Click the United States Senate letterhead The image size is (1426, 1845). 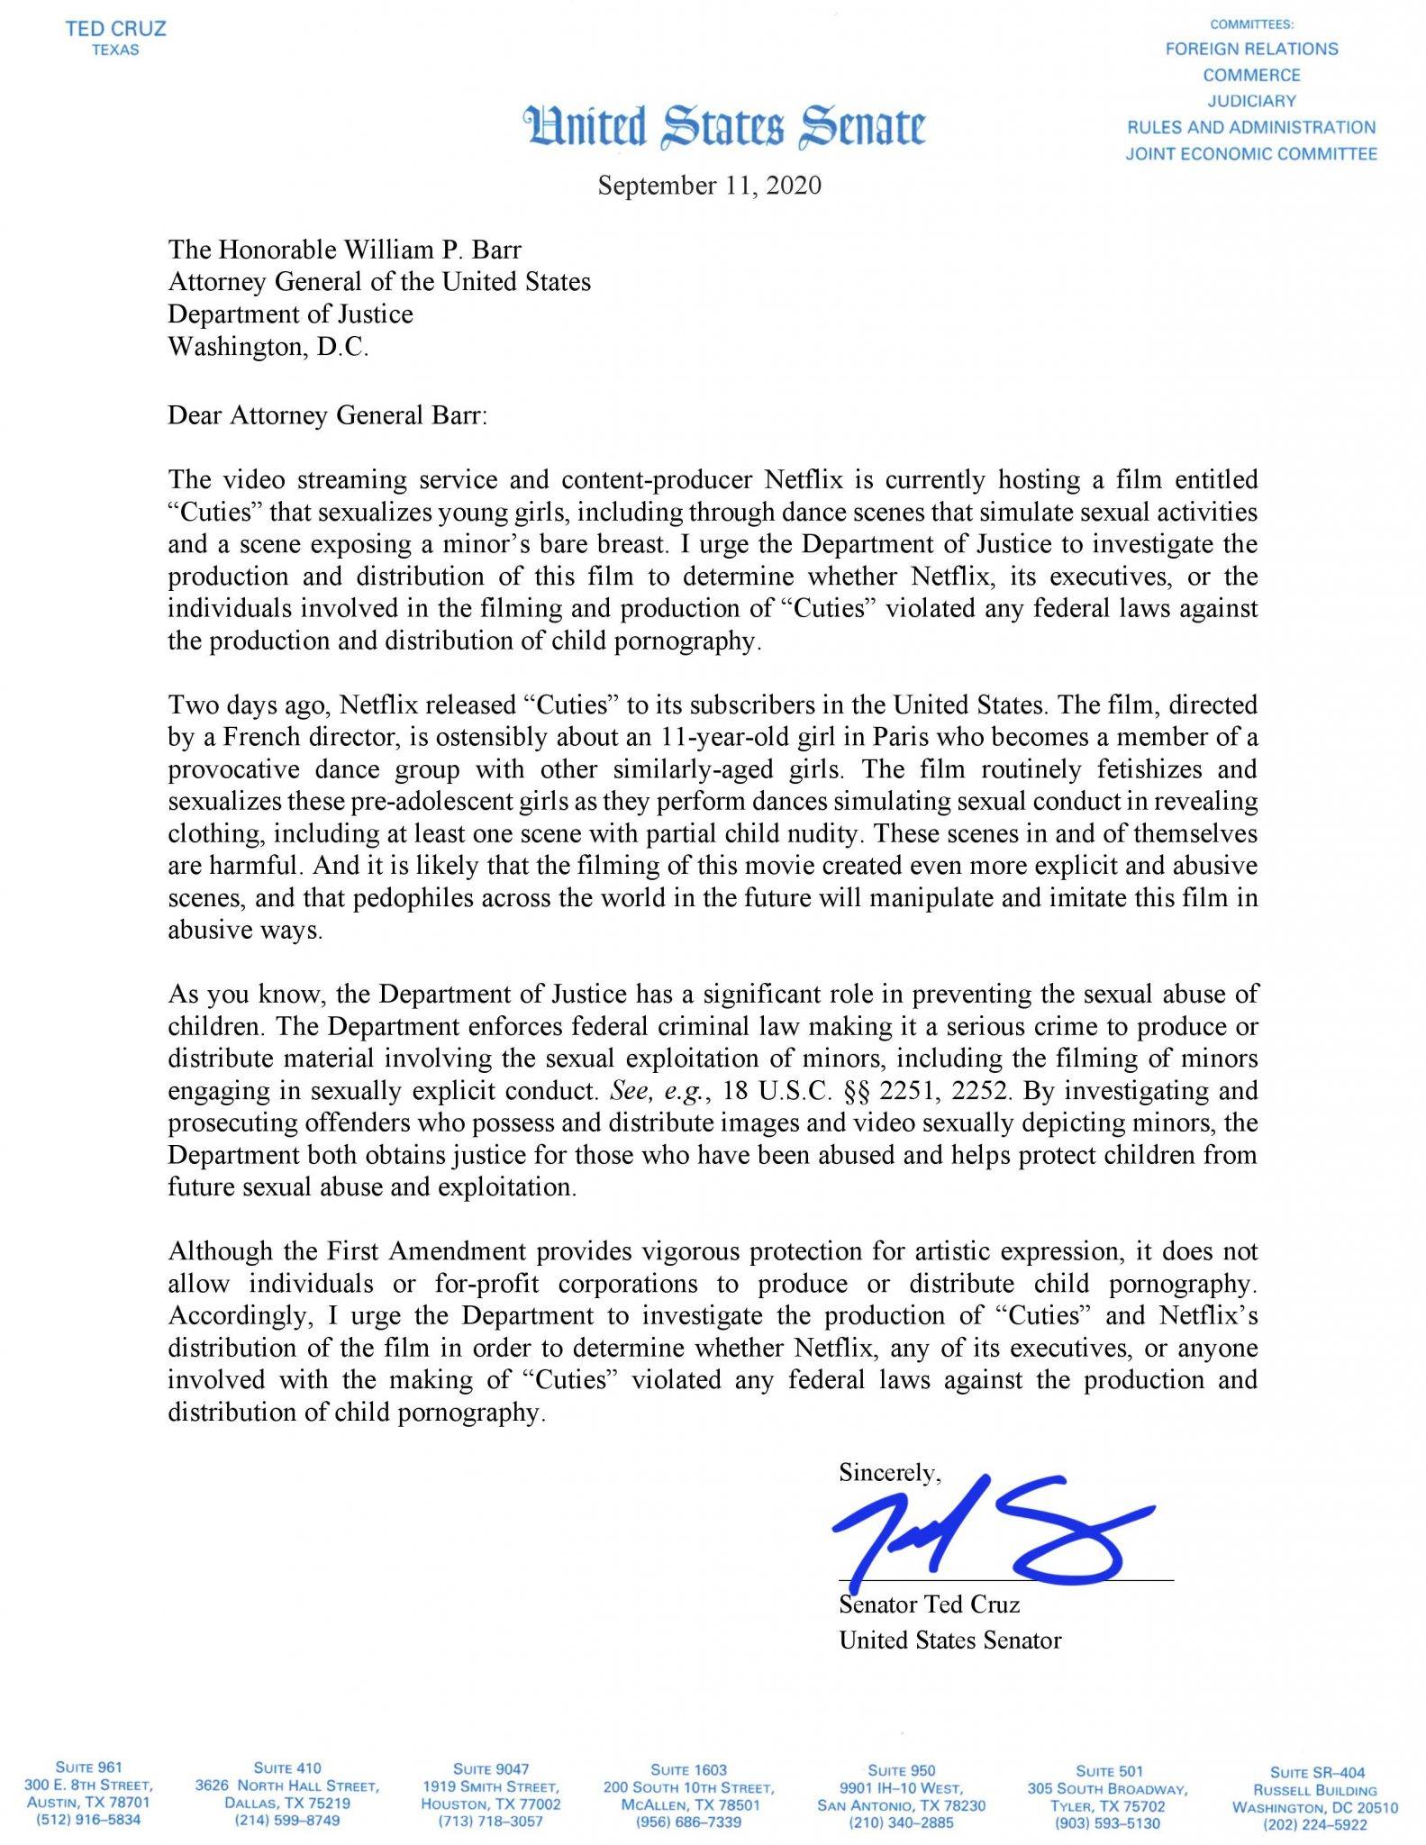pyautogui.click(x=724, y=126)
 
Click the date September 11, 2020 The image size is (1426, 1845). pyautogui.click(x=710, y=186)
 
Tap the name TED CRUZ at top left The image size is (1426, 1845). pyautogui.click(x=115, y=29)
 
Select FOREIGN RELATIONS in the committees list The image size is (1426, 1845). pyautogui.click(x=1251, y=49)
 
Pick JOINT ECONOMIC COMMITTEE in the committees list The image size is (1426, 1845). pyautogui.click(x=1251, y=154)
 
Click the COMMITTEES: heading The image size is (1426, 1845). pyautogui.click(x=1251, y=24)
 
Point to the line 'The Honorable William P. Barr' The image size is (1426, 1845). pyautogui.click(x=345, y=249)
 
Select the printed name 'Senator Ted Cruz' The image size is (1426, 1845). pyautogui.click(x=930, y=1604)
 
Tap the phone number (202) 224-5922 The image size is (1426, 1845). pyautogui.click(x=1314, y=1825)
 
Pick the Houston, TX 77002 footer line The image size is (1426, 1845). pyautogui.click(x=490, y=1804)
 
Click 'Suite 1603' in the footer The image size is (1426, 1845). pyautogui.click(x=688, y=1769)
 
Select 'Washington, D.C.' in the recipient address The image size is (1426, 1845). pyautogui.click(x=268, y=347)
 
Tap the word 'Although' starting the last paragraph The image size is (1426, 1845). pyautogui.click(x=219, y=1251)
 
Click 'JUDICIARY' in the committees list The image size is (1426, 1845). pyautogui.click(x=1251, y=101)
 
